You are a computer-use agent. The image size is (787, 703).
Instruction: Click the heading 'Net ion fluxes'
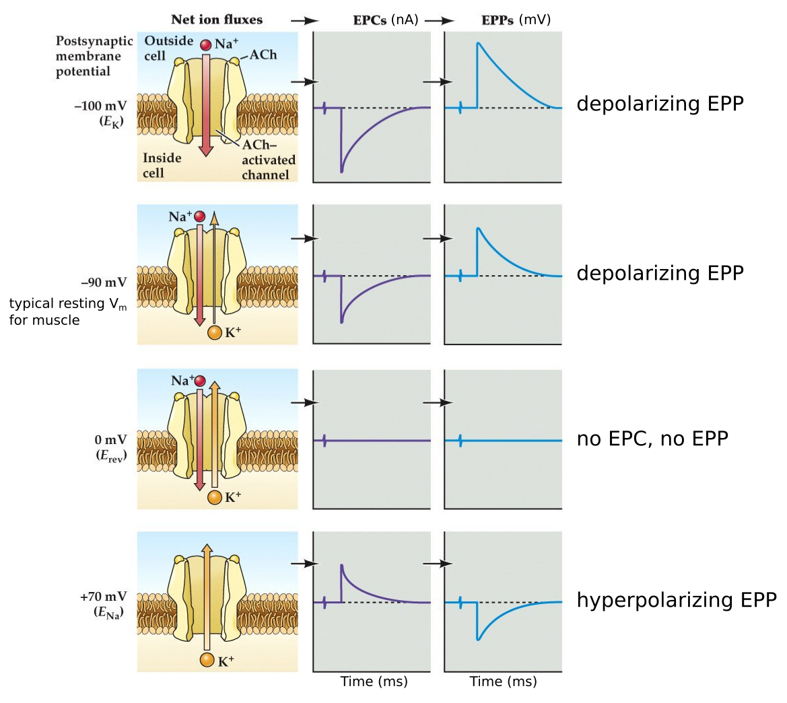[x=217, y=20]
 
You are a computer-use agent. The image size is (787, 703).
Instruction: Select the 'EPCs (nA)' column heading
[x=386, y=20]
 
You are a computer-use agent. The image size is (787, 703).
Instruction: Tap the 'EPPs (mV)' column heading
[x=516, y=20]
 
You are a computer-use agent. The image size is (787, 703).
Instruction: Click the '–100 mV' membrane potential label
[x=100, y=106]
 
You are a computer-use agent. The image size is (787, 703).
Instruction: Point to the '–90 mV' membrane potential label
[x=104, y=283]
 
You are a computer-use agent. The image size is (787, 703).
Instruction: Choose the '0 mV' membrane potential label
[x=110, y=440]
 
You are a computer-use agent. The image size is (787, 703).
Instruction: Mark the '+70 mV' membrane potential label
[x=103, y=597]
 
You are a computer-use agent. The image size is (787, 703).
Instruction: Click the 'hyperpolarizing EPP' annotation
[x=677, y=599]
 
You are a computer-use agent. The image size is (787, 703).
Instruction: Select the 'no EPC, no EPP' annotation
[x=652, y=439]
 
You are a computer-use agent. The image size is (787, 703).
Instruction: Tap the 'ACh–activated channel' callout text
[x=268, y=160]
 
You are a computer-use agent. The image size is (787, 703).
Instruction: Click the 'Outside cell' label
[x=168, y=48]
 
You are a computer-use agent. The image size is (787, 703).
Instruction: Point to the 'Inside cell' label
[x=162, y=165]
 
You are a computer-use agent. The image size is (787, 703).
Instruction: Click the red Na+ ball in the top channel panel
[x=206, y=45]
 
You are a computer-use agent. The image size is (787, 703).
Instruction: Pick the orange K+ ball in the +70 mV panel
[x=207, y=660]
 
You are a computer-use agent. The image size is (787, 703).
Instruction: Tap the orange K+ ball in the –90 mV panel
[x=215, y=332]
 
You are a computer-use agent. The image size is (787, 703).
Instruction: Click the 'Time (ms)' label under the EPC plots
[x=374, y=681]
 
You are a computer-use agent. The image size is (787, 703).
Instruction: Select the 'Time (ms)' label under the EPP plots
[x=503, y=681]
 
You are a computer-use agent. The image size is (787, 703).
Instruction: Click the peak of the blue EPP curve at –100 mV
[x=478, y=44]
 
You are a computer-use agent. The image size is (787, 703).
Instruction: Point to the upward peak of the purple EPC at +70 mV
[x=342, y=565]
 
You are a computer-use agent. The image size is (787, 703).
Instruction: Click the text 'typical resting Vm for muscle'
[x=67, y=311]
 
